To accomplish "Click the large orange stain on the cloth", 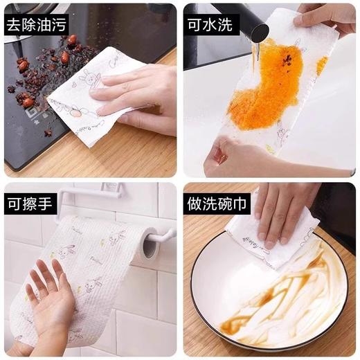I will (x=267, y=90).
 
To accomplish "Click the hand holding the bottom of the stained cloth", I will (x=232, y=156).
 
